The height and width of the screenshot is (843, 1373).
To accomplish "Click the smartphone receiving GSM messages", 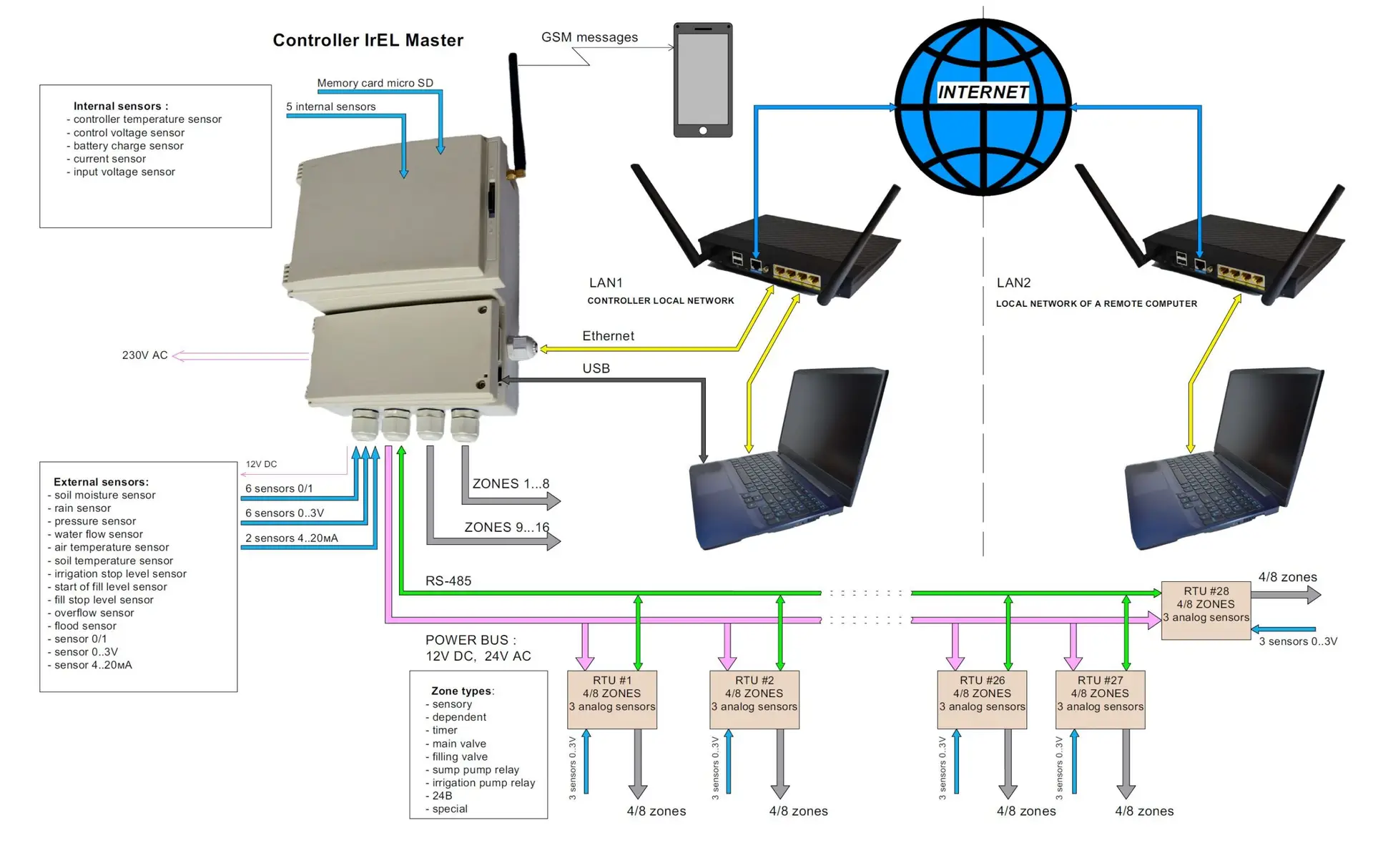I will point(702,80).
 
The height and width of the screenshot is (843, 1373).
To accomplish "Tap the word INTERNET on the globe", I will point(983,92).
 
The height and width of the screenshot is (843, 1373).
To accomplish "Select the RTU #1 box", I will point(611,699).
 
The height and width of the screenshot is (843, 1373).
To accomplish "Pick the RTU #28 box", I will point(1206,609).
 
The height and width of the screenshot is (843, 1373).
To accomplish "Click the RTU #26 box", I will point(982,699).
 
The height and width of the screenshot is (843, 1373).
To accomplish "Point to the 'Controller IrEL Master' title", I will point(368,41).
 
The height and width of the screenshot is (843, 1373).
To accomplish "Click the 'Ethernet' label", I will point(608,336).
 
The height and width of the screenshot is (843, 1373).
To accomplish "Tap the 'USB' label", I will point(596,368).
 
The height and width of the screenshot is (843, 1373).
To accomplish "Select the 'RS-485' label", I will point(448,581).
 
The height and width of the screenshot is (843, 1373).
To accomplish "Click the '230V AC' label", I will point(144,355).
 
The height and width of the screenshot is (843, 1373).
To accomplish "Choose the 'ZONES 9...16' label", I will point(506,528).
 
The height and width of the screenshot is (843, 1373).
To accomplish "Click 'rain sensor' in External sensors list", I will point(82,508).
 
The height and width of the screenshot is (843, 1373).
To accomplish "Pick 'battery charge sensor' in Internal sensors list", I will point(128,146).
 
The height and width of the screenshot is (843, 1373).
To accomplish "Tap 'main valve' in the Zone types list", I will point(458,744).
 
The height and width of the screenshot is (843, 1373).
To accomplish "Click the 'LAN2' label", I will point(1013,283).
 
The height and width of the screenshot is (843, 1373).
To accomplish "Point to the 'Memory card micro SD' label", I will point(375,83).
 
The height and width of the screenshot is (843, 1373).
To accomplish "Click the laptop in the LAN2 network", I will point(1224,461).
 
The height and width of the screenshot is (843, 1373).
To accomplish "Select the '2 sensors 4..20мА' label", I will point(291,538).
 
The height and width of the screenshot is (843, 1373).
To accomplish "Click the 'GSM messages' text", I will point(589,37).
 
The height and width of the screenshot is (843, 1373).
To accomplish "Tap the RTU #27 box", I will point(1100,699).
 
